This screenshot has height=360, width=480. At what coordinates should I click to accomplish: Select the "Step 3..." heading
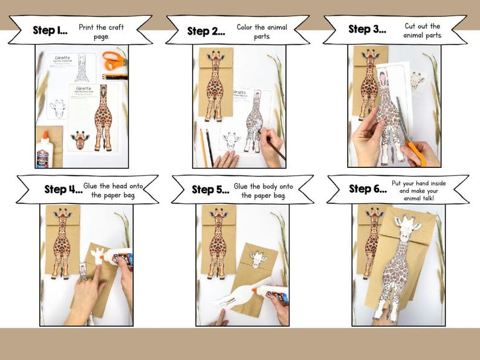click(x=368, y=29)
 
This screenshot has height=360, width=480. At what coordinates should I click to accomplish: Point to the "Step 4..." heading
click(x=63, y=189)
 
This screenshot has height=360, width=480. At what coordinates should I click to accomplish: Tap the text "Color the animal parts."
click(x=254, y=32)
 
